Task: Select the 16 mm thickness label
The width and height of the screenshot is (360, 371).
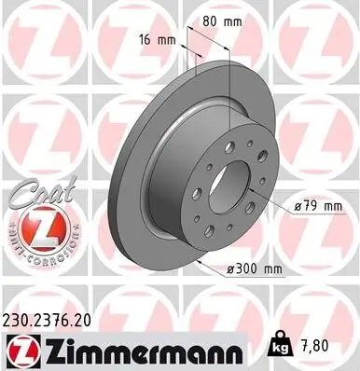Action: (159, 40)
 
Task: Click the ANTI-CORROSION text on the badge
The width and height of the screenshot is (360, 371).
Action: (37, 250)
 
